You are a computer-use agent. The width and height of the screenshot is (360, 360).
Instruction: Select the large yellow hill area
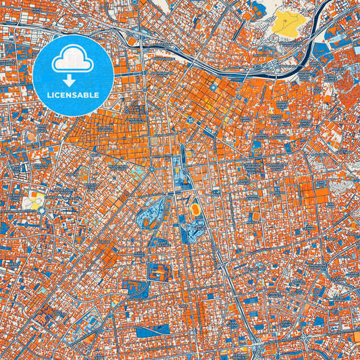click(288, 24)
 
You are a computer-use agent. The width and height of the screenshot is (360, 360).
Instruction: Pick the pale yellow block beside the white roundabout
click(32, 201)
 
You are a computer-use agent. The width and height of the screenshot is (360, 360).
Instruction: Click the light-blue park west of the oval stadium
click(153, 215)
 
